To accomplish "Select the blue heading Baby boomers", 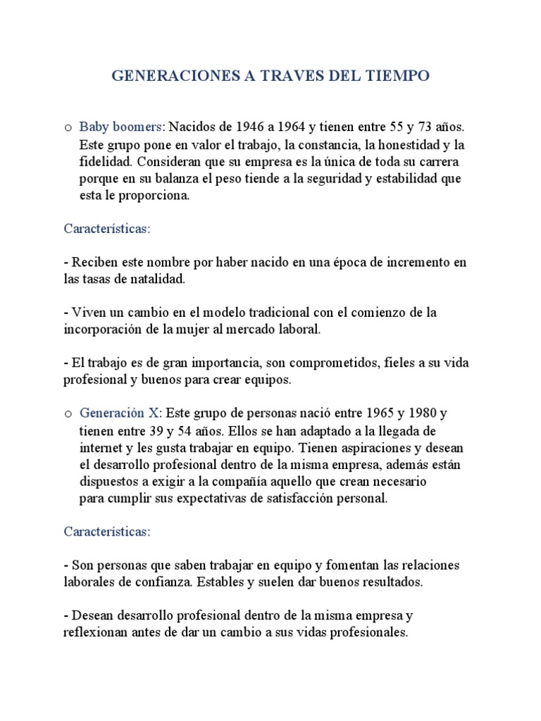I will click(121, 127).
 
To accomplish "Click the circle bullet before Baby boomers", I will click(67, 128).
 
